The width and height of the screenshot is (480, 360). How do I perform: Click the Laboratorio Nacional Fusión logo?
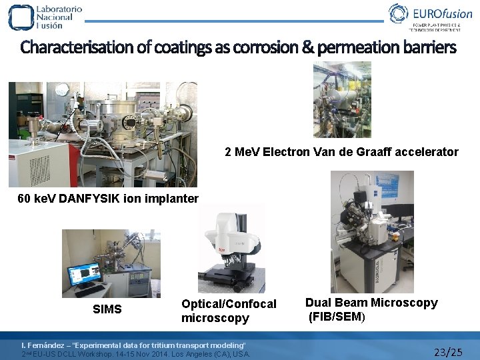pyautogui.click(x=45, y=17)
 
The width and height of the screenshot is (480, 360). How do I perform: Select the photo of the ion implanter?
pyautogui.click(x=103, y=134)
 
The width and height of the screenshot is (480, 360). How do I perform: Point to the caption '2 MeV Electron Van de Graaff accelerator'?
pyautogui.click(x=341, y=152)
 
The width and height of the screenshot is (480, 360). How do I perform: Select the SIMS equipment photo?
pyautogui.click(x=111, y=263)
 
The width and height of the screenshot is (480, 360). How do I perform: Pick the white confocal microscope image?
pyautogui.click(x=231, y=250)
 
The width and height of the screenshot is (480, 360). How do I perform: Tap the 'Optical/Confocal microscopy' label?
pyautogui.click(x=228, y=311)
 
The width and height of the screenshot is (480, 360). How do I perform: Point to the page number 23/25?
pyautogui.click(x=447, y=351)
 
